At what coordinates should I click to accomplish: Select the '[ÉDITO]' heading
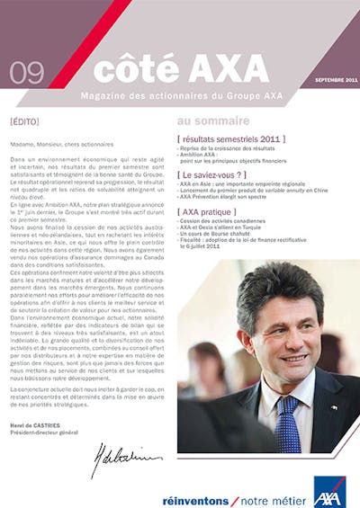(x=26, y=120)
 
